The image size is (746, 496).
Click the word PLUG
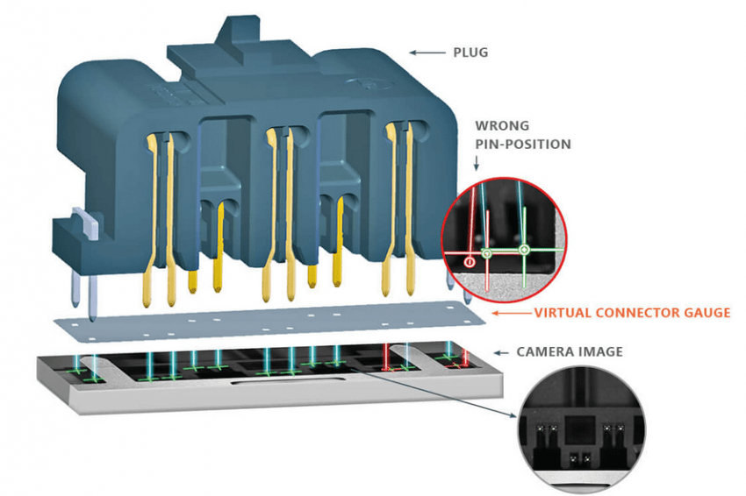(x=470, y=53)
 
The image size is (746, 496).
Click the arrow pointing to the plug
(x=427, y=53)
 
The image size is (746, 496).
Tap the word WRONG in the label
(x=502, y=126)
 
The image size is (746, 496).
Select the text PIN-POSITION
(x=523, y=145)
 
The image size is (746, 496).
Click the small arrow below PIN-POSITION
(x=477, y=162)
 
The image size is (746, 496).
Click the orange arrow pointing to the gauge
(x=512, y=313)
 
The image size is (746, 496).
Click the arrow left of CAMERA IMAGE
(x=501, y=352)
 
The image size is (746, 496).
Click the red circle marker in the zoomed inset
(x=470, y=262)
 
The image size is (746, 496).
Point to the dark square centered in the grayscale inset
(x=579, y=430)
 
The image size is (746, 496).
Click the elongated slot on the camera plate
(x=287, y=380)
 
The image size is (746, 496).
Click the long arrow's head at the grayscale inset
(x=513, y=415)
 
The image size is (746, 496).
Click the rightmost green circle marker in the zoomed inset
(x=524, y=249)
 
